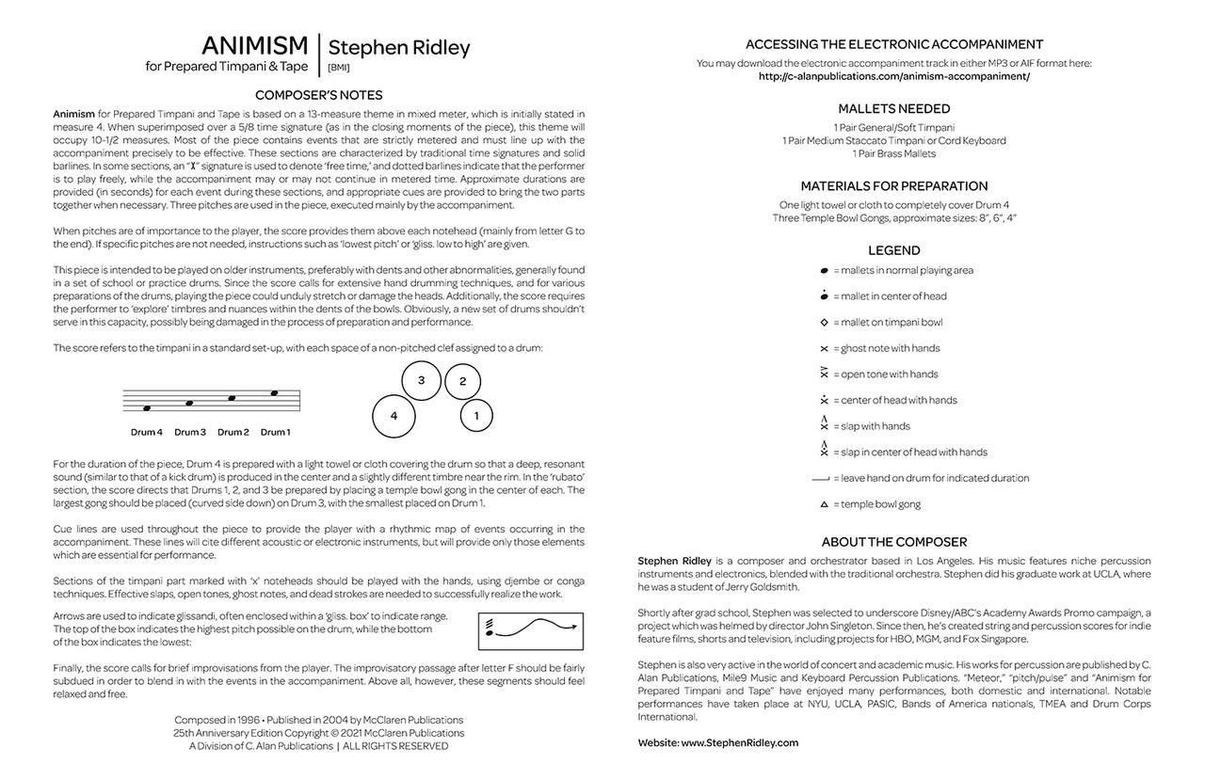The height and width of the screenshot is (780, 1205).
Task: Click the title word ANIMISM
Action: click(x=254, y=45)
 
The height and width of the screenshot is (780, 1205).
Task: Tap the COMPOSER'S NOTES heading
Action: click(x=318, y=94)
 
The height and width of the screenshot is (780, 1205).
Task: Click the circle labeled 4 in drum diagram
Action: click(x=394, y=415)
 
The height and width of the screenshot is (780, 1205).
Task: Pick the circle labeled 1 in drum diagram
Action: click(x=476, y=414)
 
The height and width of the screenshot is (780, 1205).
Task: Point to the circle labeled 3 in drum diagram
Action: click(x=422, y=380)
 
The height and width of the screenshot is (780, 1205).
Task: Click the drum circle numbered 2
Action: click(x=462, y=381)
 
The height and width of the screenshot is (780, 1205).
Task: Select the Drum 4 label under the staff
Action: click(x=147, y=433)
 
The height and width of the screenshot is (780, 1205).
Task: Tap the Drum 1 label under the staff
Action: click(x=275, y=433)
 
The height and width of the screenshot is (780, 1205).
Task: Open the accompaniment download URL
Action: click(x=893, y=76)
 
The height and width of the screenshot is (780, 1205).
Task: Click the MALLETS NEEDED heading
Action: click(x=893, y=108)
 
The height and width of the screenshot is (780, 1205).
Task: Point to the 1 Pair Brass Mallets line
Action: click(x=893, y=153)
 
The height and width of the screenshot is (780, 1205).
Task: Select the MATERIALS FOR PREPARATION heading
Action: click(x=893, y=185)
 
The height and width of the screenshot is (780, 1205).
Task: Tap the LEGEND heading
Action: click(x=893, y=250)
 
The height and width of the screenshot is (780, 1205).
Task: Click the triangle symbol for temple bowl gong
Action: click(x=824, y=504)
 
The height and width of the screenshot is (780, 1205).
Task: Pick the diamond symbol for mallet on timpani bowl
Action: click(x=824, y=322)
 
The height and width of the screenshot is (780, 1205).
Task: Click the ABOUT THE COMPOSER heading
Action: click(x=893, y=542)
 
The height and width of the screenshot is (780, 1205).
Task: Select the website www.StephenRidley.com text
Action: click(x=739, y=742)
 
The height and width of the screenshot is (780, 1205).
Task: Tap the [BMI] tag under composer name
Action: click(x=338, y=68)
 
